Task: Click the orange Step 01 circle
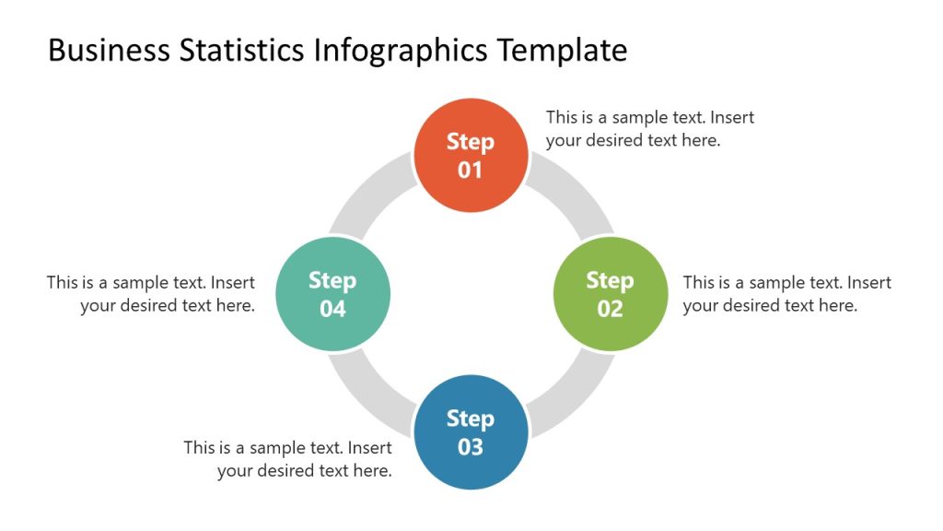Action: pyautogui.click(x=471, y=155)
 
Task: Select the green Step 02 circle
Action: pyautogui.click(x=610, y=294)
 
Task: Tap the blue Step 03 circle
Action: pyautogui.click(x=471, y=432)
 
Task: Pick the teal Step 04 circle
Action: pyautogui.click(x=332, y=294)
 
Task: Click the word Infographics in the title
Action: pyautogui.click(x=402, y=50)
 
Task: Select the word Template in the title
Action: pyautogui.click(x=563, y=50)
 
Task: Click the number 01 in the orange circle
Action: pyautogui.click(x=471, y=171)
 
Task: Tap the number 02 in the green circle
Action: pyautogui.click(x=610, y=309)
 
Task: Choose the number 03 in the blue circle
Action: pyautogui.click(x=471, y=448)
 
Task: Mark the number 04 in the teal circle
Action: pyautogui.click(x=332, y=309)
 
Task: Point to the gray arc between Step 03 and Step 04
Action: pyautogui.click(x=373, y=391)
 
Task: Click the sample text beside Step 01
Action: pyautogui.click(x=649, y=129)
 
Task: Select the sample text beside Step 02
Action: pyautogui.click(x=786, y=294)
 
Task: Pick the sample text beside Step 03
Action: pyautogui.click(x=288, y=459)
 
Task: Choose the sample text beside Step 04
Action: pyautogui.click(x=151, y=294)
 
